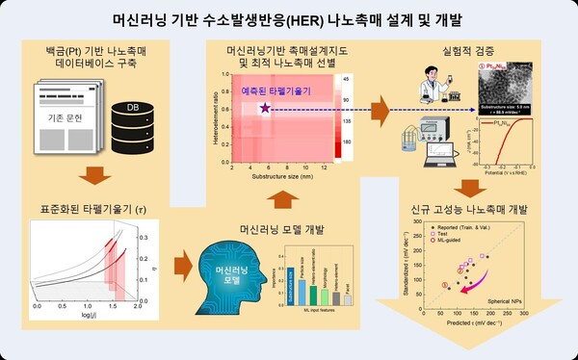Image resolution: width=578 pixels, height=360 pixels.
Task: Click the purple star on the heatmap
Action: [263, 111]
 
